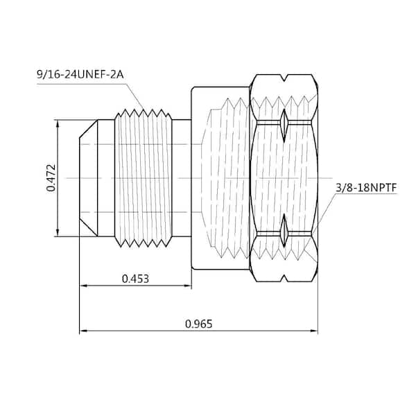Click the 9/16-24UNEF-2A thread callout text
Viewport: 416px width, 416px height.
click(80, 75)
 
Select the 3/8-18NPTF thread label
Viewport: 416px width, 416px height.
click(366, 188)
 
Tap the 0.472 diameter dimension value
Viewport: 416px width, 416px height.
click(51, 177)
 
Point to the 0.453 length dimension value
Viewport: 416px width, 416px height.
click(135, 279)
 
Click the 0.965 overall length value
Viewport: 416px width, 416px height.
click(199, 324)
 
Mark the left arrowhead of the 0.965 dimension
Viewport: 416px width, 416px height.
click(83, 331)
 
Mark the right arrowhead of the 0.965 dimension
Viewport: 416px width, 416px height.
click(314, 331)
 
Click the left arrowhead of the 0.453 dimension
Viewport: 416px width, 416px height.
click(83, 286)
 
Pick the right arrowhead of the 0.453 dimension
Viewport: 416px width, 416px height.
click(188, 286)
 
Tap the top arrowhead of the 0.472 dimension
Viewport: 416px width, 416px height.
click(58, 124)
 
